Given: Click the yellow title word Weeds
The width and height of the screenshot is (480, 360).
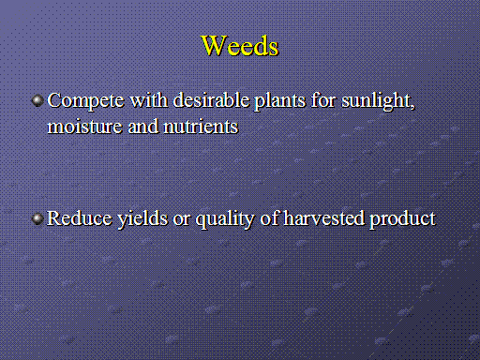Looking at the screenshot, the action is point(240,46).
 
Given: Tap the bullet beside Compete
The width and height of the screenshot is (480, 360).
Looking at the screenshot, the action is point(37,100).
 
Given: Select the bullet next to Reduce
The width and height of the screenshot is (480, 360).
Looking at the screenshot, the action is point(37,218).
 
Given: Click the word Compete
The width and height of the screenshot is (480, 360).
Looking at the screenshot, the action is point(85,101).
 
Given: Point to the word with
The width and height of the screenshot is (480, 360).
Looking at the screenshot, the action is point(149,100).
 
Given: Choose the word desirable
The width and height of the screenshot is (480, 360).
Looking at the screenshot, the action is point(211,100).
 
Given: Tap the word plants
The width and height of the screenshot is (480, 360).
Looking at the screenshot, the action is point(280,101).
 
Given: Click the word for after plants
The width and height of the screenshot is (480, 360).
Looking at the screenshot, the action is point(323,100).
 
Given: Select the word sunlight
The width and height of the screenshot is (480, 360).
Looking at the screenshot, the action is point(376,101).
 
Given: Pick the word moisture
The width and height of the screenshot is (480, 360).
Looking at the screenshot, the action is point(84,127).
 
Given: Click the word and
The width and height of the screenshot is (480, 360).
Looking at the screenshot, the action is point(143,127).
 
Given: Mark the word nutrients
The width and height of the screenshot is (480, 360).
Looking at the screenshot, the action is point(201,127).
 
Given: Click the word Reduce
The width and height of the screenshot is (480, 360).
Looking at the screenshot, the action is point(80,218).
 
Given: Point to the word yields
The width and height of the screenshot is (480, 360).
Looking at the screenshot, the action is point(142,219).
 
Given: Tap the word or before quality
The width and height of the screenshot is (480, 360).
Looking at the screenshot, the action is point(182,220).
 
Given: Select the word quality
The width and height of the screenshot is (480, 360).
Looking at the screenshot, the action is point(225,219).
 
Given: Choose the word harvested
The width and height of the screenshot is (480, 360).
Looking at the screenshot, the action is point(324,218).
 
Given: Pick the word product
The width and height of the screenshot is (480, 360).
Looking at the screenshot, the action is point(402,219).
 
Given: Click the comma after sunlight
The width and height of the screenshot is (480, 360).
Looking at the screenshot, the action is point(412,108).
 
